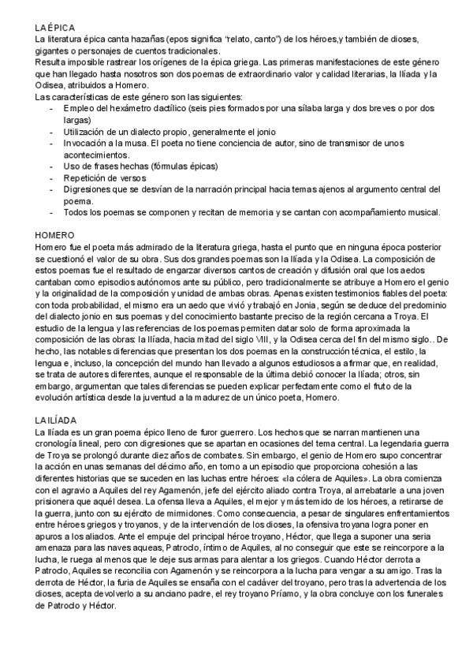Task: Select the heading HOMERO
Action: tap(55, 235)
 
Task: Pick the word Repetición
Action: tap(88, 179)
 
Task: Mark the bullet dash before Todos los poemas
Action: tap(53, 212)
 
